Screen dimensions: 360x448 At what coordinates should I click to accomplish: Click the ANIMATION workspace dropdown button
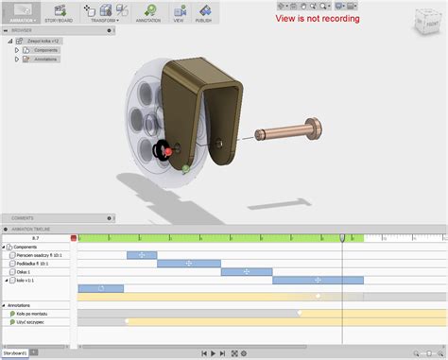[x=22, y=12]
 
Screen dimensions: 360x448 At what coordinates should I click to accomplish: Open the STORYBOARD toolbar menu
[x=60, y=12]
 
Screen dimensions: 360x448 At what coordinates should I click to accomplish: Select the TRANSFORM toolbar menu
[x=104, y=12]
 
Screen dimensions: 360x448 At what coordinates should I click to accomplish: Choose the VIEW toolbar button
[x=179, y=12]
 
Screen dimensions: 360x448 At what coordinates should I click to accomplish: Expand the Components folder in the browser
[x=17, y=50]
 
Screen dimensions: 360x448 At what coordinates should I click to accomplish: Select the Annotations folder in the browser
[x=45, y=59]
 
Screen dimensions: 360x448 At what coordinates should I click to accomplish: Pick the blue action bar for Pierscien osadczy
[x=142, y=255]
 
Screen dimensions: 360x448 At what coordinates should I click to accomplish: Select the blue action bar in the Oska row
[x=246, y=272]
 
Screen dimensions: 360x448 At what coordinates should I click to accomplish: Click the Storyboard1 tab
[x=14, y=353]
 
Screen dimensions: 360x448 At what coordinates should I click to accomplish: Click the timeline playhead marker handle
[x=342, y=238]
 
